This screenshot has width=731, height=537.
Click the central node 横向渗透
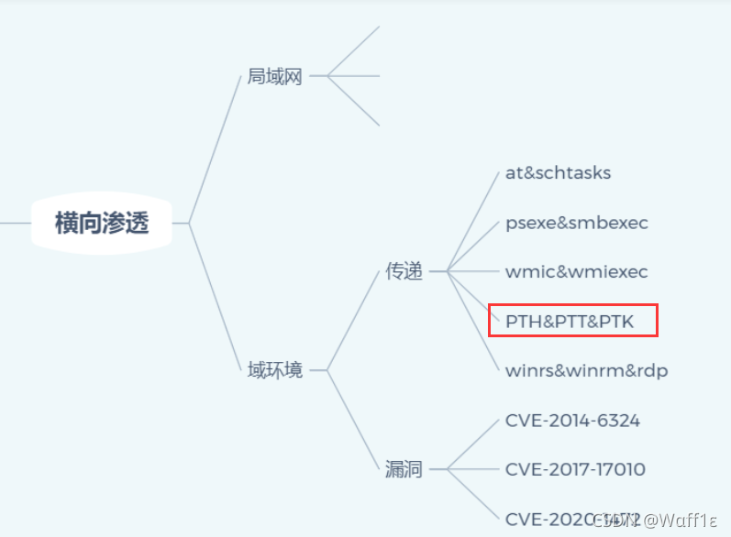(102, 223)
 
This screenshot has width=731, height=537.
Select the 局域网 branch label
(274, 76)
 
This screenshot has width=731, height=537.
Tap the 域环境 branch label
(274, 370)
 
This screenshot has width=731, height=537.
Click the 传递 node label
(404, 271)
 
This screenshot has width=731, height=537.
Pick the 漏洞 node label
(404, 469)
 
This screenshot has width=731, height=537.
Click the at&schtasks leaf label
(558, 172)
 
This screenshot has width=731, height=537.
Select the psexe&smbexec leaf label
(577, 223)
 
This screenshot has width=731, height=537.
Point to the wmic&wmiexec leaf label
(576, 271)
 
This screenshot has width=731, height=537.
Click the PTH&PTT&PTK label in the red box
(569, 321)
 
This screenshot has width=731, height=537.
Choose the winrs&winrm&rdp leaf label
(586, 370)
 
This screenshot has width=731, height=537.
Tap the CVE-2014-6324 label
(572, 421)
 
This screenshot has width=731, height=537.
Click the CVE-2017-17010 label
(575, 469)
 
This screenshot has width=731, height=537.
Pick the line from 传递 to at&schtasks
(473, 220)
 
